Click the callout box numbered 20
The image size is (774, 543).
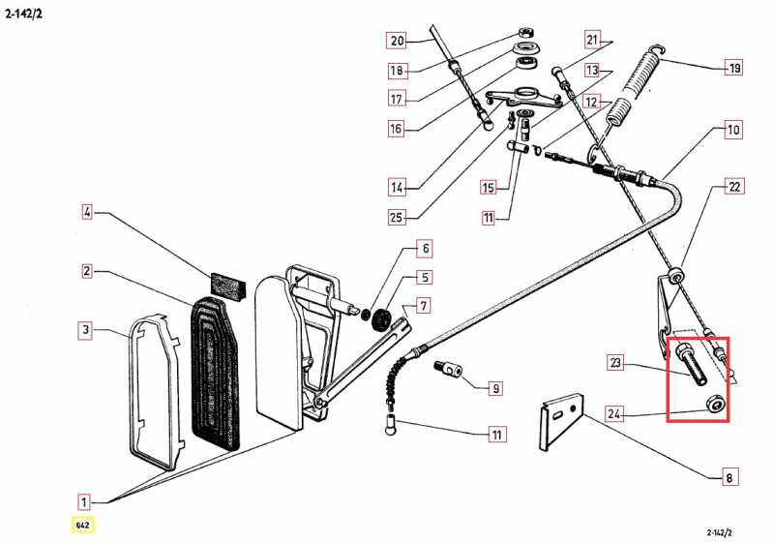[397, 41]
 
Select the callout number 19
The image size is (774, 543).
[735, 68]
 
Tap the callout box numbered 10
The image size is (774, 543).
[733, 129]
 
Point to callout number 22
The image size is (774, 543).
[735, 187]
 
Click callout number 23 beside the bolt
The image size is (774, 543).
[615, 364]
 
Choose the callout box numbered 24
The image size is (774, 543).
[615, 415]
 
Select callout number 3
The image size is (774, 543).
[86, 330]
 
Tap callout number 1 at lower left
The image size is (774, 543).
[85, 501]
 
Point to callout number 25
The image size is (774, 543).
[397, 217]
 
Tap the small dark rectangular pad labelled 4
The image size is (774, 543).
[228, 285]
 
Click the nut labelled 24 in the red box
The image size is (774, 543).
[715, 404]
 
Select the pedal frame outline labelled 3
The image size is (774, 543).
[154, 391]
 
